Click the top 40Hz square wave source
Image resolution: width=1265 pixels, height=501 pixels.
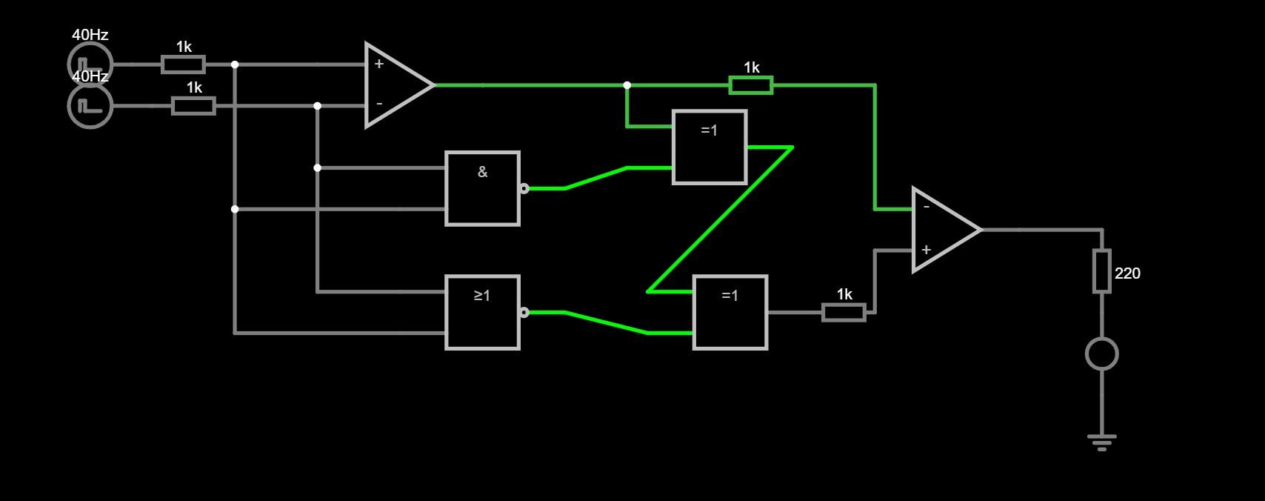pyautogui.click(x=90, y=64)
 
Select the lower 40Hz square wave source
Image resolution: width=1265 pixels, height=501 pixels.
pyautogui.click(x=90, y=106)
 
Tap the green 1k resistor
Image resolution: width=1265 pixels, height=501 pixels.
pyautogui.click(x=751, y=85)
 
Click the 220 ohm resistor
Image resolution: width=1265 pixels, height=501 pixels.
pyautogui.click(x=1102, y=271)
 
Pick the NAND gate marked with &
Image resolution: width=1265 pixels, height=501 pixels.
pyautogui.click(x=482, y=188)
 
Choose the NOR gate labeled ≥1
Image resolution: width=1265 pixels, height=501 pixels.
pyautogui.click(x=482, y=312)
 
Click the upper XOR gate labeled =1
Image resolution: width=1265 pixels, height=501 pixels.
pyautogui.click(x=710, y=147)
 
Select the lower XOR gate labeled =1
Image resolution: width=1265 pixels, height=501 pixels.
pyautogui.click(x=730, y=312)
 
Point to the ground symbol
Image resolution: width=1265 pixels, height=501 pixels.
pyautogui.click(x=1102, y=442)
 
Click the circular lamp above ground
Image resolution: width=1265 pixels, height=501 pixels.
pyautogui.click(x=1102, y=354)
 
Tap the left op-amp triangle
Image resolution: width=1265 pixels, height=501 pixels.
pyautogui.click(x=395, y=85)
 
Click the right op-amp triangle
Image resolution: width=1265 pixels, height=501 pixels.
pyautogui.click(x=942, y=230)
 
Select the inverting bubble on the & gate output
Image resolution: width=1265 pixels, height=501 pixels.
pyautogui.click(x=524, y=188)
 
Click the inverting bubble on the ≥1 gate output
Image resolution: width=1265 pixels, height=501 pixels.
pyautogui.click(x=524, y=312)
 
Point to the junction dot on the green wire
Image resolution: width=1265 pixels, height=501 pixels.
pyautogui.click(x=627, y=85)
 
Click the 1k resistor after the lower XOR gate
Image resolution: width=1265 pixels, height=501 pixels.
pyautogui.click(x=844, y=312)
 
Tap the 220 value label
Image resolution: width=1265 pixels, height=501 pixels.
pyautogui.click(x=1127, y=273)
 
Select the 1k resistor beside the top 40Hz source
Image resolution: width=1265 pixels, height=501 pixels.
pyautogui.click(x=184, y=64)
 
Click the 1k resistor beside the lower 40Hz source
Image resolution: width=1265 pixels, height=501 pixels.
pyautogui.click(x=194, y=106)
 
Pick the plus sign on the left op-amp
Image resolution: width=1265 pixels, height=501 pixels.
pyautogui.click(x=379, y=64)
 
